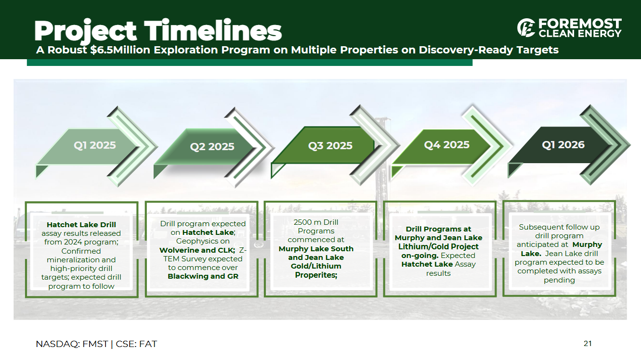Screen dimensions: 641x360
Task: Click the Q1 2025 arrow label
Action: coord(95,145)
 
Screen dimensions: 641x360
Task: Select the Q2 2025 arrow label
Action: coord(212,147)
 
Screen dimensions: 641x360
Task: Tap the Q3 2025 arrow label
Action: coord(330,145)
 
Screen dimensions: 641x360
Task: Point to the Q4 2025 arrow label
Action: coord(447,145)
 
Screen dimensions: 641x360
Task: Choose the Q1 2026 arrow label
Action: coord(563,145)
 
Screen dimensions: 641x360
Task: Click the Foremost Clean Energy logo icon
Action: coord(526,28)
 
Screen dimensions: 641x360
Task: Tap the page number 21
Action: coord(588,344)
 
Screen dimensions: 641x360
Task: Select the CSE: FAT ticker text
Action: coord(136,344)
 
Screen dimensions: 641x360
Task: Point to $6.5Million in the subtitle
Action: coord(120,50)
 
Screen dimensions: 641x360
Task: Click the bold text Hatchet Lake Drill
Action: coord(81,225)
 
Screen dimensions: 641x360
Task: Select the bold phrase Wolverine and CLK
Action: coord(197,250)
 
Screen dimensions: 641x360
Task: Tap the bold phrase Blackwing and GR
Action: coord(203,276)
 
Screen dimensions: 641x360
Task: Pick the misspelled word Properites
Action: coord(316,275)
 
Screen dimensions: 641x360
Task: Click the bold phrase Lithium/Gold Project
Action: coord(438,246)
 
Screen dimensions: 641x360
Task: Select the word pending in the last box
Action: coord(559,280)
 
